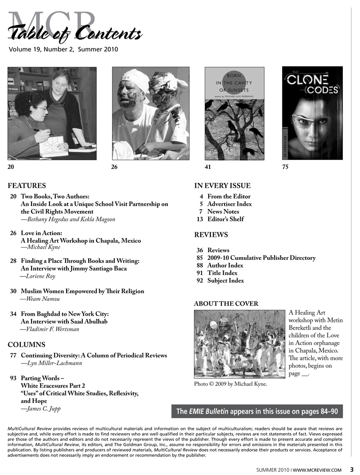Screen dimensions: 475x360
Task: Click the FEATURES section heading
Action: click(27, 185)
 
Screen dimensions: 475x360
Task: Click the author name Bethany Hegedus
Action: click(48, 219)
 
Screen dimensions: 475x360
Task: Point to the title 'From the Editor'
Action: click(229, 196)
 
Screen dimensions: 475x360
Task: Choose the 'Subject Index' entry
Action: click(225, 280)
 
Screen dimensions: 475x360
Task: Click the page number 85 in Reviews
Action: click(200, 258)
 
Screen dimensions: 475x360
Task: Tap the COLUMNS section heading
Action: click(27, 345)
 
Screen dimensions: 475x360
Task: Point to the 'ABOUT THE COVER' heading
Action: click(226, 304)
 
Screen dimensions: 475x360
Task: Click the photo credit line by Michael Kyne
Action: click(230, 384)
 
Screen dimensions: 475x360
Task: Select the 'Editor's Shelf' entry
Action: click(225, 219)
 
